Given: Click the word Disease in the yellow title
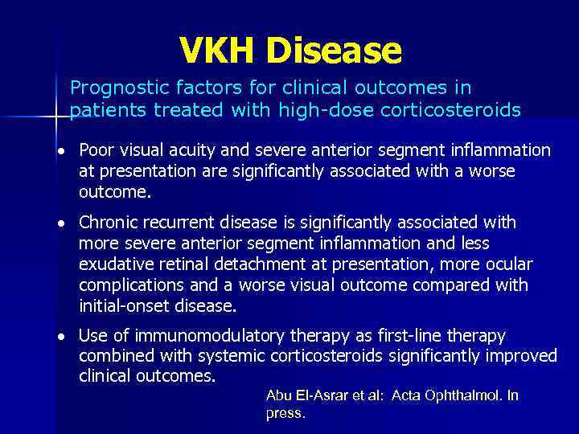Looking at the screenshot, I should click(x=335, y=51).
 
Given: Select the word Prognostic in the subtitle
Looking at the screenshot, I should click(x=112, y=88).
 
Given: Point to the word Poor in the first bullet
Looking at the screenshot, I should click(x=96, y=150).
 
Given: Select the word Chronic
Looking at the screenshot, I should click(x=106, y=222).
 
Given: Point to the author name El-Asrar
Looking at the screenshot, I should click(x=318, y=395).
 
